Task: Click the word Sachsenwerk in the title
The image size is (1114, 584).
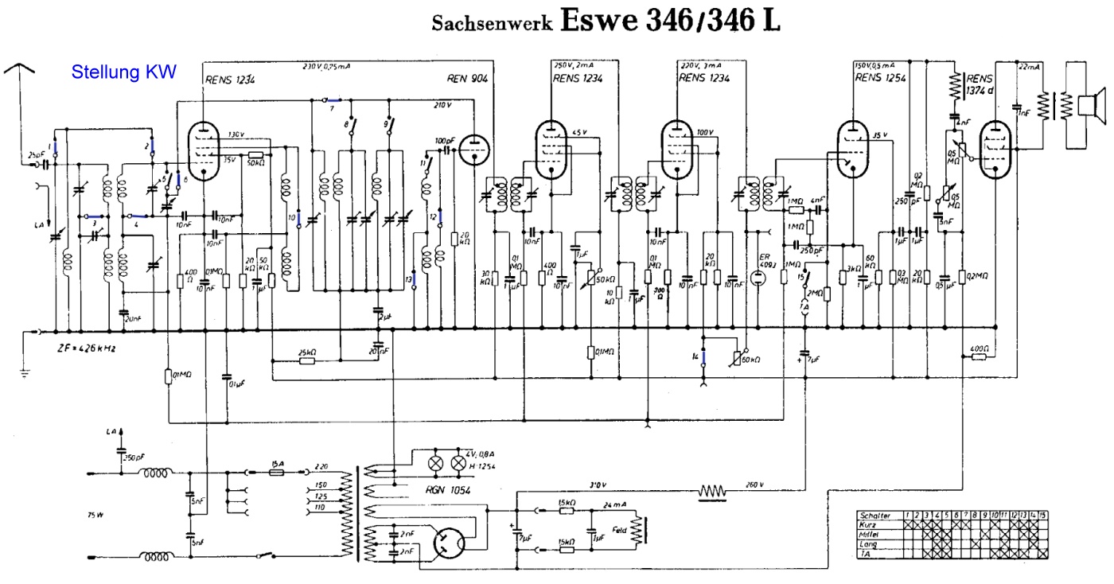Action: click(493, 23)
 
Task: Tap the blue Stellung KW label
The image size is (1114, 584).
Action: click(123, 72)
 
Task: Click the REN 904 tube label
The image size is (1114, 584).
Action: click(469, 78)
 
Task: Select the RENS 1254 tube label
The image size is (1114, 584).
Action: click(879, 78)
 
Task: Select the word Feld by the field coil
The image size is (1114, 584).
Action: click(621, 528)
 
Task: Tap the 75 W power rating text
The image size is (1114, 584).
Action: click(95, 515)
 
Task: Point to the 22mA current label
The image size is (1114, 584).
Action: click(1031, 68)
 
